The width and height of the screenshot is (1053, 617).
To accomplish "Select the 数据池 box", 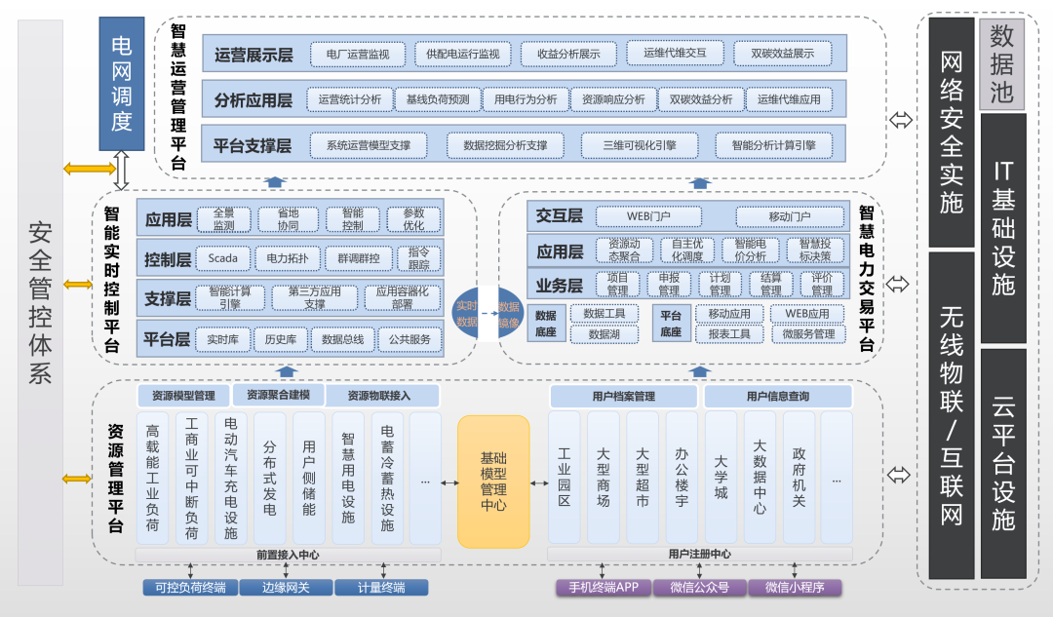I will point(1001,63).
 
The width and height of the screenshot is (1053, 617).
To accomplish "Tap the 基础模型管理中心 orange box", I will point(493,481).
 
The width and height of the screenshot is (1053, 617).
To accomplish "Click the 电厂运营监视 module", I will point(358,55).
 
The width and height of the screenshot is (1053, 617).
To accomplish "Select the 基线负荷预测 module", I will point(438,99).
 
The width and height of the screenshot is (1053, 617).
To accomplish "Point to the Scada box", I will point(223,258).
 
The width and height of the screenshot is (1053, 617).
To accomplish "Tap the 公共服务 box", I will point(409,339).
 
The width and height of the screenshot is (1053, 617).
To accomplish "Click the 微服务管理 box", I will point(808,333).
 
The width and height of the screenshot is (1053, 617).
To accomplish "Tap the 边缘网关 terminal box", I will point(286,588).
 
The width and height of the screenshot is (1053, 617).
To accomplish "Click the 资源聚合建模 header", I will point(278,395).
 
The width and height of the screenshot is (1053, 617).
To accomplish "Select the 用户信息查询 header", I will point(777,396).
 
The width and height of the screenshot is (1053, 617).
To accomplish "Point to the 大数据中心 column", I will point(760,477).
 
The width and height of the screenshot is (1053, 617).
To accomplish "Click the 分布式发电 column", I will point(270,477).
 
